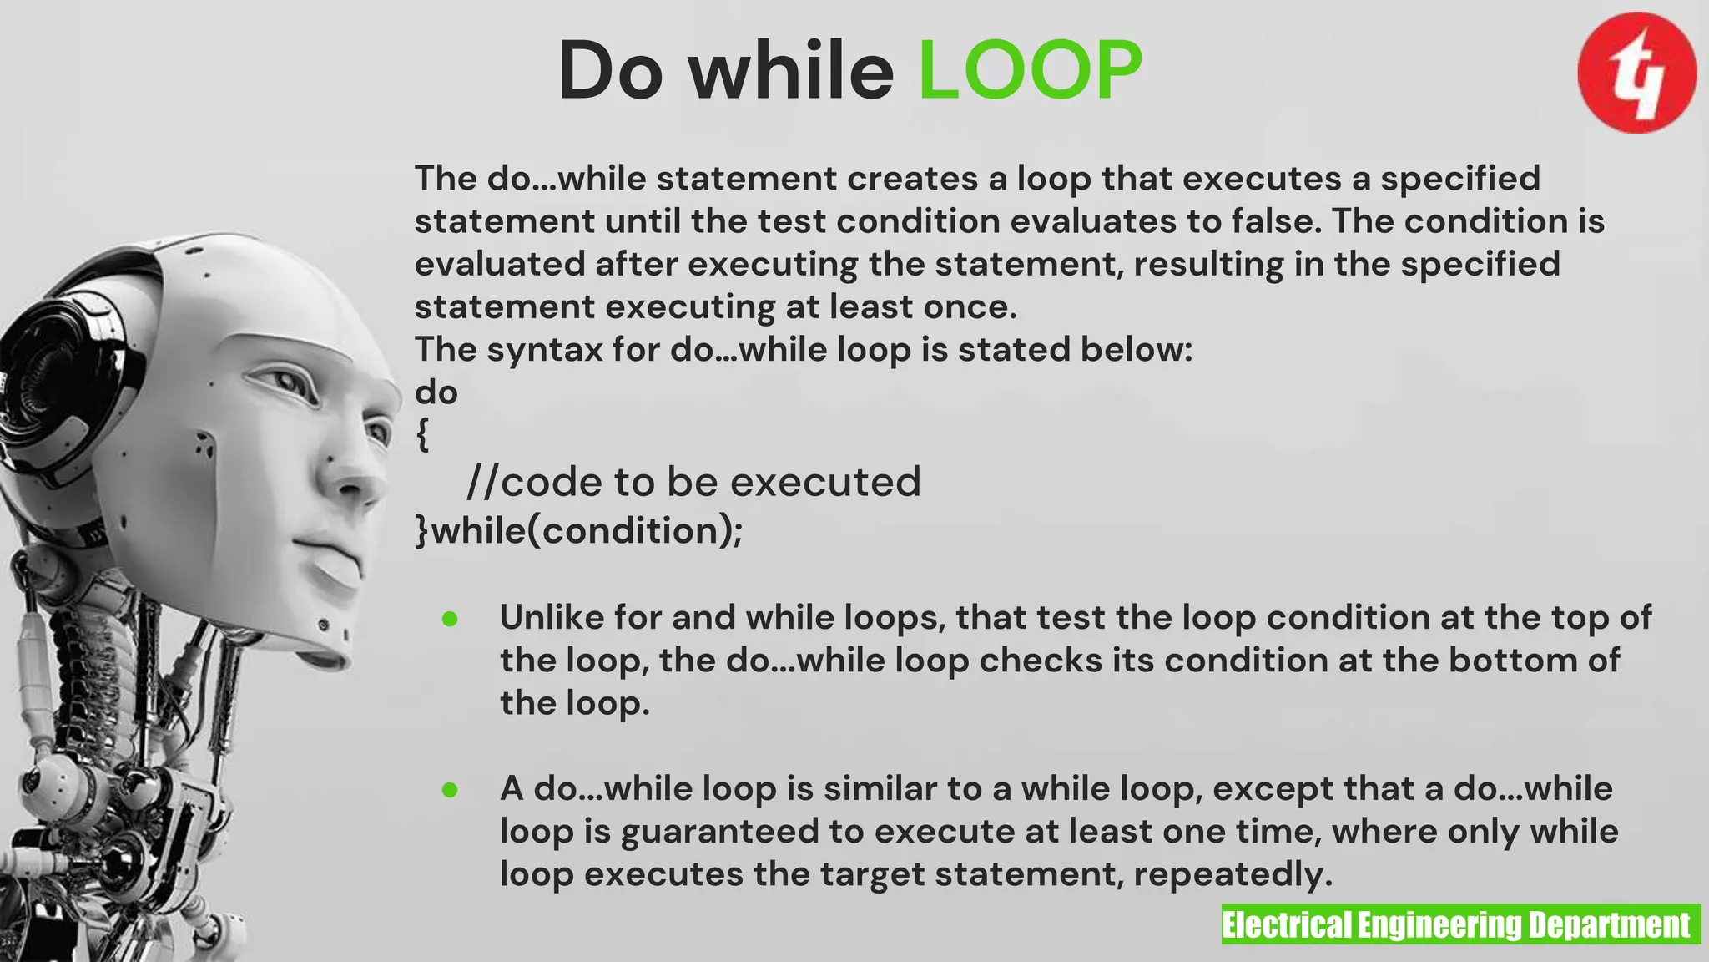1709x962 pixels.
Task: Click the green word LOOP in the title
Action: [x=1030, y=71]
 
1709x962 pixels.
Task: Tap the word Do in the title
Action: [x=610, y=71]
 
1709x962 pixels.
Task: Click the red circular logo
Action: [x=1636, y=73]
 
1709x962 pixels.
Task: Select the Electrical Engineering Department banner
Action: [x=1460, y=924]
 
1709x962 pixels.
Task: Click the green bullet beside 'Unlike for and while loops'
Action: [x=450, y=619]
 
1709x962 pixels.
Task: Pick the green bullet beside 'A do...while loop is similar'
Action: [x=450, y=790]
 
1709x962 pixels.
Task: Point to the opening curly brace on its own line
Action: [x=423, y=435]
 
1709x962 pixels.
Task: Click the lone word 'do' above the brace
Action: [x=436, y=392]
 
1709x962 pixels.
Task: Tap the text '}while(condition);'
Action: [x=579, y=531]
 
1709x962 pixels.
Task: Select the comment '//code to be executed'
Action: [x=693, y=482]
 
